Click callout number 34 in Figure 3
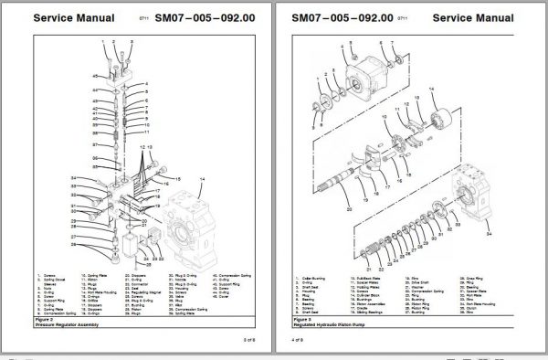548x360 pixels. pyautogui.click(x=490, y=234)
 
